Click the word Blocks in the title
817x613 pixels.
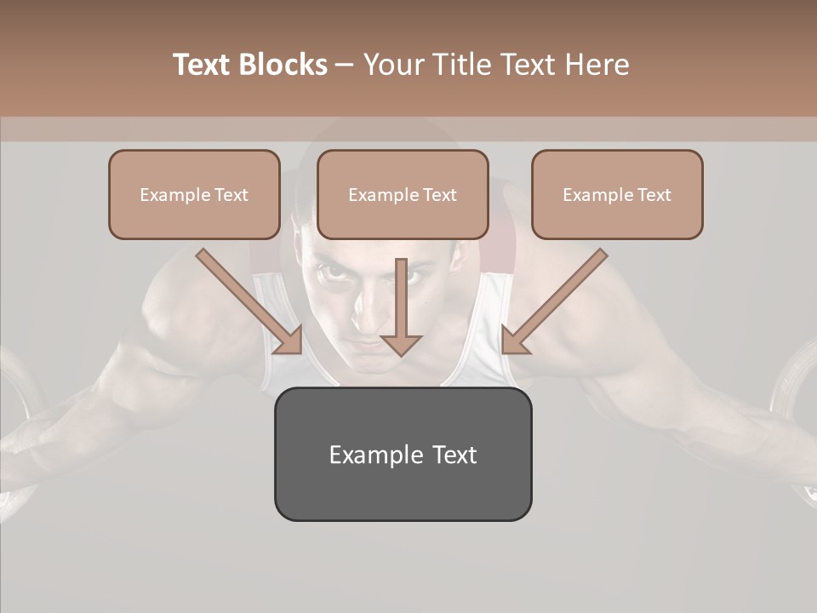(283, 65)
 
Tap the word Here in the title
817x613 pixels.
(599, 65)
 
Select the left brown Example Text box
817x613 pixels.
(194, 194)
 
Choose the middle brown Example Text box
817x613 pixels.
(403, 194)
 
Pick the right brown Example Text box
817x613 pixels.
(617, 194)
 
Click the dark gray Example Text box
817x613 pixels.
(403, 454)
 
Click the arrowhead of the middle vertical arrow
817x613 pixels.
(401, 344)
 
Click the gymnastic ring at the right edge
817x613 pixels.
(796, 409)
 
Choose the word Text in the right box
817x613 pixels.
(654, 195)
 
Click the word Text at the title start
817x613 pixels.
(203, 65)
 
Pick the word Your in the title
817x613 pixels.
(392, 65)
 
